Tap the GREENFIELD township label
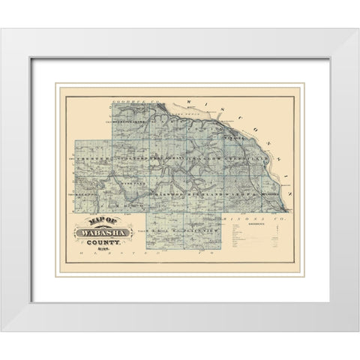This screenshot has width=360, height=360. tap(255, 160)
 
